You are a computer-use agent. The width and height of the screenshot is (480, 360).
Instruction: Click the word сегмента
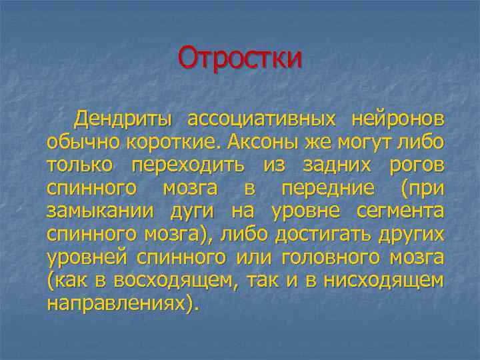[401, 212]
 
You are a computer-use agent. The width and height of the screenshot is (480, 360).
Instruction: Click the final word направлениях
[120, 303]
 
